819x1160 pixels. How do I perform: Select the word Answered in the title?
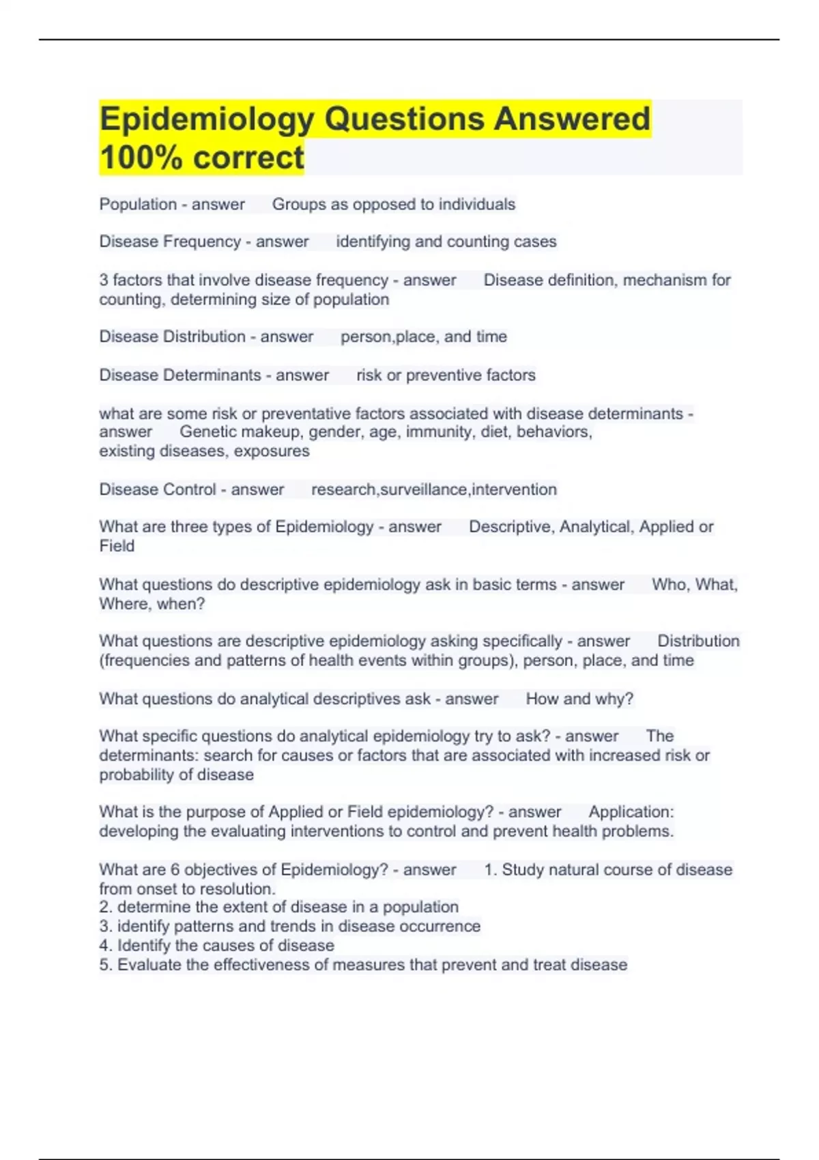pyautogui.click(x=572, y=119)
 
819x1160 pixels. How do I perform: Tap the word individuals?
pyautogui.click(x=476, y=205)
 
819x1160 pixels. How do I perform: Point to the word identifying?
pyautogui.click(x=373, y=242)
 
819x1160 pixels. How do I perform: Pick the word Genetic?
pyautogui.click(x=207, y=432)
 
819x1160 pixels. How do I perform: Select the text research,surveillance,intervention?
pyautogui.click(x=433, y=490)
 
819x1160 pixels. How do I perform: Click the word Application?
pyautogui.click(x=631, y=812)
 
